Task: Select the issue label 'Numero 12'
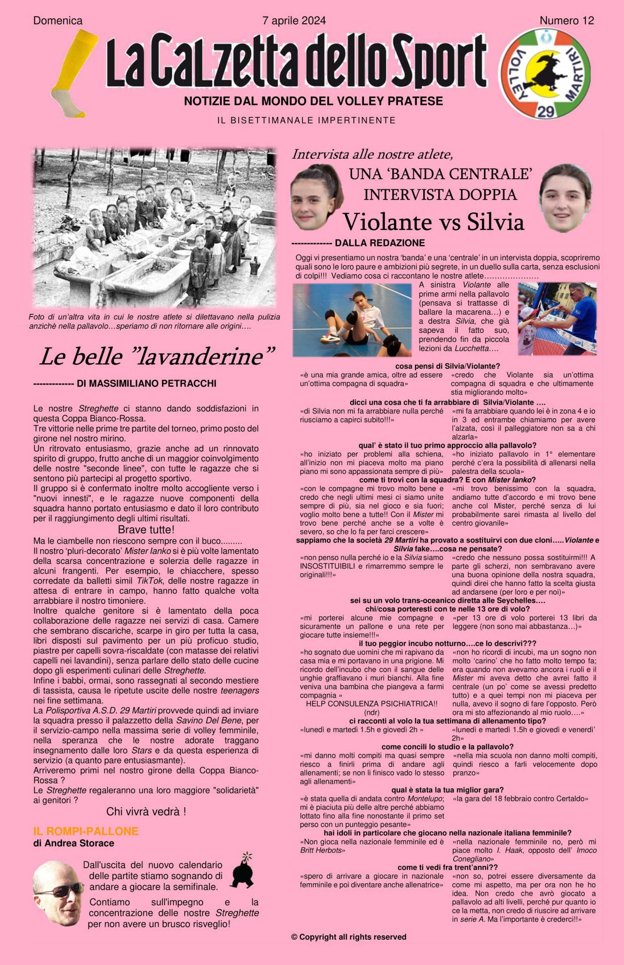click(x=566, y=21)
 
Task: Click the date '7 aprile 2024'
click(x=294, y=21)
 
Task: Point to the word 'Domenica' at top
click(x=58, y=21)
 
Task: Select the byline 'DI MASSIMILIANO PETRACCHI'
click(x=146, y=383)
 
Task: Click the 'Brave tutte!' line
click(x=146, y=529)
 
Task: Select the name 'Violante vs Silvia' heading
click(x=434, y=221)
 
